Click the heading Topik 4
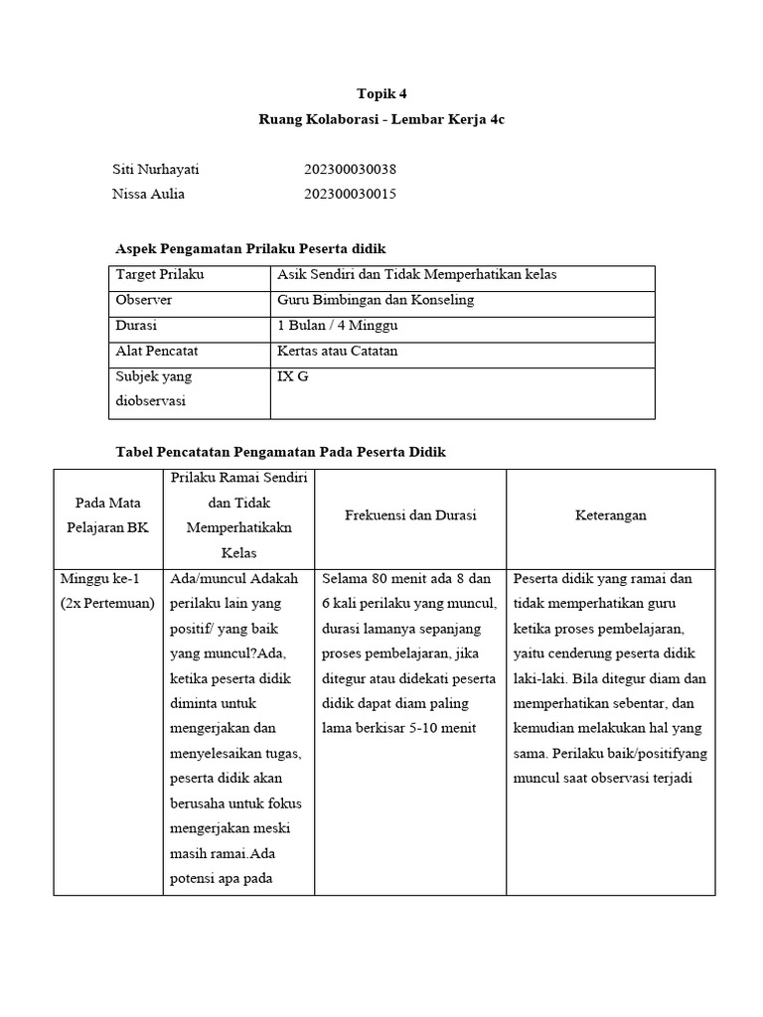381,95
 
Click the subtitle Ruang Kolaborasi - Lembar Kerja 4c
381,119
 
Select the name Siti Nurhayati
157,170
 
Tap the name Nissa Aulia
148,194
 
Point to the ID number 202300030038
350,170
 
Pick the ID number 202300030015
350,194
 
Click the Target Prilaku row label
160,275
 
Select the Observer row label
144,300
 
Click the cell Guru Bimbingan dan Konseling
377,300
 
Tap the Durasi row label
136,326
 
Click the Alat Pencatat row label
155,351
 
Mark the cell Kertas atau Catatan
338,351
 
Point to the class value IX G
289,376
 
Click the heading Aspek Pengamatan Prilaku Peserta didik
250,248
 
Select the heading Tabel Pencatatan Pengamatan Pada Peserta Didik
281,452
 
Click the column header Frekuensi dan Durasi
410,515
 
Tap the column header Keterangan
611,515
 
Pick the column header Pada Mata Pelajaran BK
108,515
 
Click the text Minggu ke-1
99,579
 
